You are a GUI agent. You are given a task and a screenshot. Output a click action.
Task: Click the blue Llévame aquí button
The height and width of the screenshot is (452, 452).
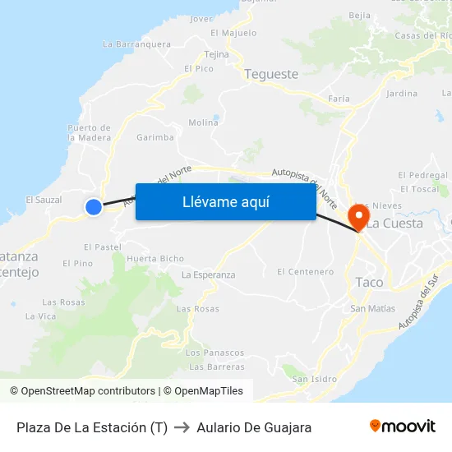(225, 201)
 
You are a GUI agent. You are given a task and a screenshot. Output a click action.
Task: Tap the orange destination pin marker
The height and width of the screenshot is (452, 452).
(359, 217)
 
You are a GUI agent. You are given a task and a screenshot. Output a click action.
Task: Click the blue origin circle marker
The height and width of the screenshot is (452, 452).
(94, 208)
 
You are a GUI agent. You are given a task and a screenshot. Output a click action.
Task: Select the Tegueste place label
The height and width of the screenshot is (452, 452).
(271, 74)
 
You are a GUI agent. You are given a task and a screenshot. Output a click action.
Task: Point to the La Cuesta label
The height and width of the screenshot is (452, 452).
(394, 223)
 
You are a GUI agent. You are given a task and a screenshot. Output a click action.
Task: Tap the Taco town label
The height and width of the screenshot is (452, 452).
(369, 282)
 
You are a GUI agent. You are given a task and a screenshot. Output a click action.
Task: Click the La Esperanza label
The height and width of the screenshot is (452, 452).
(208, 274)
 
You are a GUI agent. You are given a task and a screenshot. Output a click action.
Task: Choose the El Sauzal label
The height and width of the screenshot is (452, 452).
(44, 200)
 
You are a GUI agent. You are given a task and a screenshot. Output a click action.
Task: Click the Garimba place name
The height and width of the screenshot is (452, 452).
(155, 137)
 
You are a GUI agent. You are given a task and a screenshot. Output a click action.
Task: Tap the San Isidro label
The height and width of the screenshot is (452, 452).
(314, 379)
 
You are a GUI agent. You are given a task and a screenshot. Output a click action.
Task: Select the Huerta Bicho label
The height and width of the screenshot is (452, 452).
(155, 259)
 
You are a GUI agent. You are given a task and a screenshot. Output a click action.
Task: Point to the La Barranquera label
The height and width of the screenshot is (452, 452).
(136, 44)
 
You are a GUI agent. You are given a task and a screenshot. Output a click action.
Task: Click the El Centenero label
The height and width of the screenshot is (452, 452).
(305, 271)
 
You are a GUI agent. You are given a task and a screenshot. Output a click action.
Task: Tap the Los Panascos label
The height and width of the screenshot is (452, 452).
(215, 353)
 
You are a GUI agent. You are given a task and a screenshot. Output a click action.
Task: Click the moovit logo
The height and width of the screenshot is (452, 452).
(402, 426)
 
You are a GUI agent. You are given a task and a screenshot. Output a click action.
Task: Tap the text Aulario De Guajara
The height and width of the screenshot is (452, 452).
(254, 427)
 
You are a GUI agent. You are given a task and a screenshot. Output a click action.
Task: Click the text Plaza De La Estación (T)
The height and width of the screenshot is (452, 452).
(92, 427)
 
